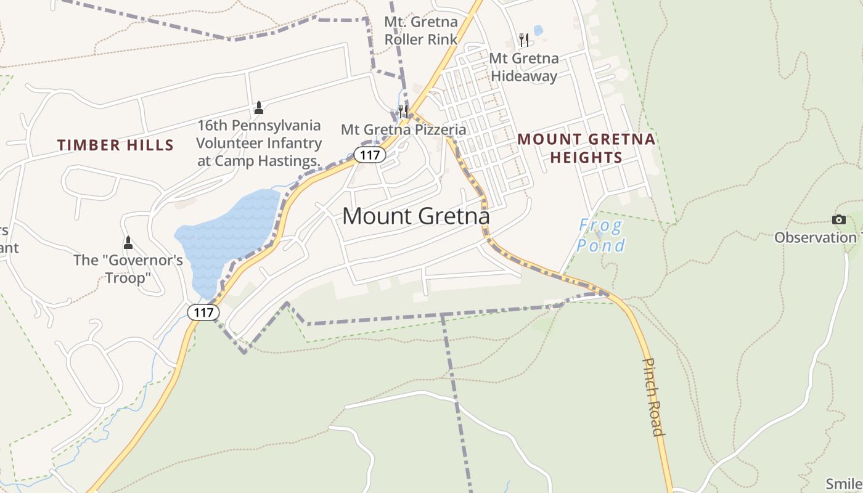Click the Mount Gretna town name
[x=415, y=216]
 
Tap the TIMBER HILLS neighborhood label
[x=115, y=145]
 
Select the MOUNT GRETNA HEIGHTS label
[x=586, y=148]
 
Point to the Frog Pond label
[x=600, y=235]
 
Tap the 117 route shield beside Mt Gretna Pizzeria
[x=370, y=155]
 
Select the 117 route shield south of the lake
[x=203, y=312]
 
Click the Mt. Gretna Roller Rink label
[x=420, y=31]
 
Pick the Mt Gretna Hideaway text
[x=523, y=67]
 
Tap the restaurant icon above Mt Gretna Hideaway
[x=524, y=40]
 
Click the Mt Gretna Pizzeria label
[x=403, y=130]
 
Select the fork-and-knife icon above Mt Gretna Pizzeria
[x=403, y=111]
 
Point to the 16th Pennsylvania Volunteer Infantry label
[x=259, y=143]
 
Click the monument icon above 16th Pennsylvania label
[x=259, y=108]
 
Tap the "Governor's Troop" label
[x=128, y=269]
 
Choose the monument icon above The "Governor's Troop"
[x=128, y=242]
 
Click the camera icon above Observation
[x=838, y=219]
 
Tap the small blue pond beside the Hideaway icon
[x=538, y=30]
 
